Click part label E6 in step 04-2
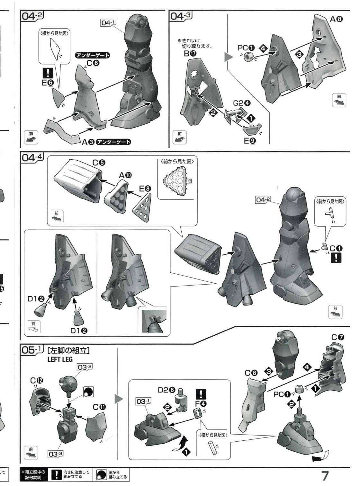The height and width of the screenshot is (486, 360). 48,83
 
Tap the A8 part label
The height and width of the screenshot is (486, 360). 336,20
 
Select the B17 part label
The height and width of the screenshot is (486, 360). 190,53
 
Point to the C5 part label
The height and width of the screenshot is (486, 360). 99,163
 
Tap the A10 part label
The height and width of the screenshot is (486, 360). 125,175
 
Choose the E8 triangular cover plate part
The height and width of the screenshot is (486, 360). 142,207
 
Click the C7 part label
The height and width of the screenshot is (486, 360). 337,338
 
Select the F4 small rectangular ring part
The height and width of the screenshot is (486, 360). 198,413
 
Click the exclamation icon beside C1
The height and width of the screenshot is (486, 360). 336,258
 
